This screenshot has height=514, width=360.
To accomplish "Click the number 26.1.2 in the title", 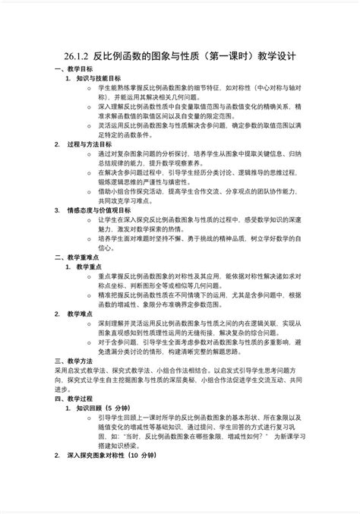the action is tap(77, 56).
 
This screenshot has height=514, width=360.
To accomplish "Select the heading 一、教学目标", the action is tap(73, 68).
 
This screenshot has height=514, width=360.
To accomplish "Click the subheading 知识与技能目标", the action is tap(99, 78).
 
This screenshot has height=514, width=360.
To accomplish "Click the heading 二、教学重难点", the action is tap(76, 257).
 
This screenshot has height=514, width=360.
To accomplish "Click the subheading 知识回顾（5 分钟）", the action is tap(105, 407).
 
